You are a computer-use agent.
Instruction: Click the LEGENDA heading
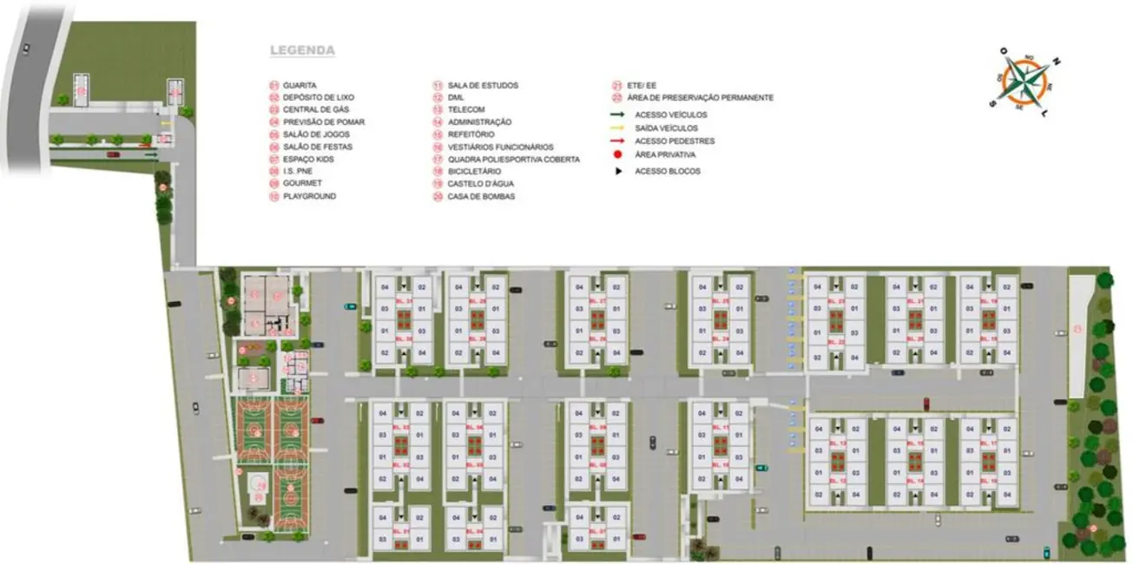click(x=302, y=50)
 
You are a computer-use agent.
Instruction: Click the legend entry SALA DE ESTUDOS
click(x=483, y=85)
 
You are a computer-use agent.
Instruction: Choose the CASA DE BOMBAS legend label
click(x=481, y=197)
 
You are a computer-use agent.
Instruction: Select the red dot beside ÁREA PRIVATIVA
click(x=617, y=154)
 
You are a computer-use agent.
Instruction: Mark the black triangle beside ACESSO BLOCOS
click(x=617, y=171)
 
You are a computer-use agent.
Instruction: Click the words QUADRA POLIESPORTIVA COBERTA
click(x=513, y=160)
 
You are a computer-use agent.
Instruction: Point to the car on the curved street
click(x=26, y=49)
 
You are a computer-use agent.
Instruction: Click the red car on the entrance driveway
click(x=112, y=155)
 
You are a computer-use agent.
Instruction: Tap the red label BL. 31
click(x=403, y=301)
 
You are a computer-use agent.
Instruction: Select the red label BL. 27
click(x=596, y=301)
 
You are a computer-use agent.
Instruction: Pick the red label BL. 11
click(x=720, y=428)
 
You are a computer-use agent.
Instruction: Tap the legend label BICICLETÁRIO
click(x=474, y=172)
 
